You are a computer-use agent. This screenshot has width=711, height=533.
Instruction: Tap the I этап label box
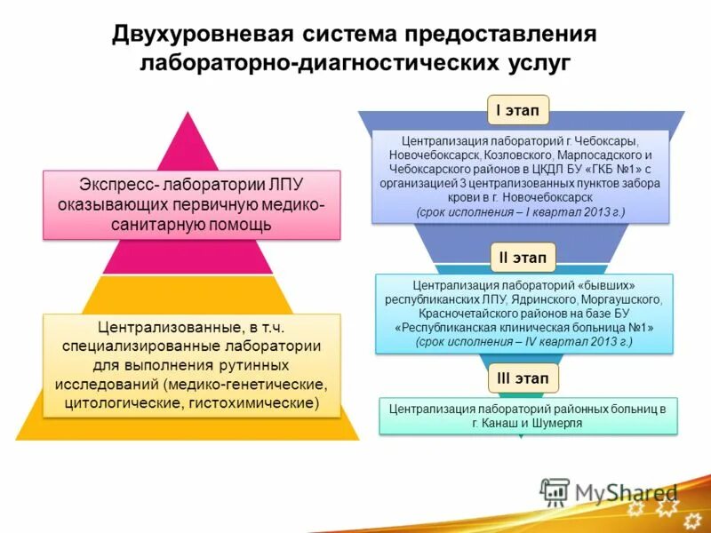tap(517, 111)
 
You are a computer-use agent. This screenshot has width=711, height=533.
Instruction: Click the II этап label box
tap(523, 258)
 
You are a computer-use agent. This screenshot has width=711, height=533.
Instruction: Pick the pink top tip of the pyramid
tap(186, 133)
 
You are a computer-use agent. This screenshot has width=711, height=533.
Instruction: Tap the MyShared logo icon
tap(555, 491)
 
